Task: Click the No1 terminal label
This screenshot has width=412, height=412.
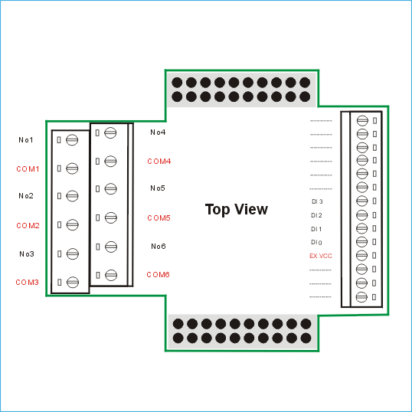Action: [x=26, y=140]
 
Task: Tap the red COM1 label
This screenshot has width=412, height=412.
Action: [x=28, y=168]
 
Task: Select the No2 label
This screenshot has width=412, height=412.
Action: [x=26, y=196]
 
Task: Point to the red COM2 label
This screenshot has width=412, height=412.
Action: [x=28, y=225]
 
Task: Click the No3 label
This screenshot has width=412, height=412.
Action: [x=27, y=253]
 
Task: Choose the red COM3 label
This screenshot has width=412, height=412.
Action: [x=28, y=283]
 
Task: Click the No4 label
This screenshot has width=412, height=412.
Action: [x=158, y=132]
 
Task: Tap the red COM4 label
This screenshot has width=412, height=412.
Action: [x=159, y=161]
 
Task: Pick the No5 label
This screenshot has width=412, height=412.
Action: [x=158, y=188]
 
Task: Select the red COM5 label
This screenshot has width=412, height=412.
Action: [x=159, y=217]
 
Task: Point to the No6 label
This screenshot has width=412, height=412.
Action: [x=159, y=246]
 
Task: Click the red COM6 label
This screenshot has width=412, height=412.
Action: [x=158, y=275]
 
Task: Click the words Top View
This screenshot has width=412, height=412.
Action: [x=237, y=209]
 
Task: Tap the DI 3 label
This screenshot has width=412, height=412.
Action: [x=317, y=201]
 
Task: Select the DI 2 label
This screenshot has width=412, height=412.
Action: [x=316, y=215]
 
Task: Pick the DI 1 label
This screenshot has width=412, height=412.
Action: [x=316, y=229]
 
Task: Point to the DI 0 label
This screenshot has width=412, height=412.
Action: [x=316, y=242]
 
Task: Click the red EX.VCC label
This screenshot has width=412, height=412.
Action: [x=321, y=256]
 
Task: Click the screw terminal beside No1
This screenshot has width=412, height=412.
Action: [x=72, y=140]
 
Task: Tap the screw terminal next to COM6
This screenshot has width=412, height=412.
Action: [x=111, y=275]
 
